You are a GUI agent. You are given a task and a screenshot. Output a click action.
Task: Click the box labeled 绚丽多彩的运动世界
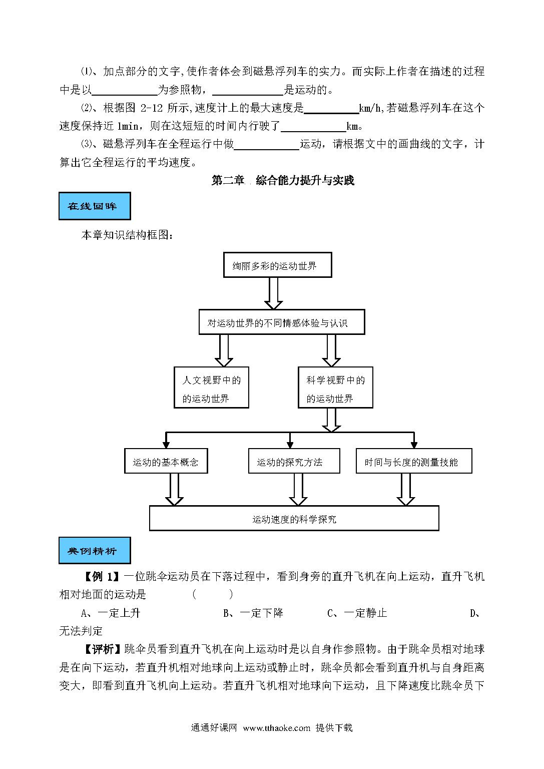tap(277, 265)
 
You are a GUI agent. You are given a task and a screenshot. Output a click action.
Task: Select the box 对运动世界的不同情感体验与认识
tap(282, 322)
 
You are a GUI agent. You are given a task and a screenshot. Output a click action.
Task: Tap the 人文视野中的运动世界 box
tap(211, 387)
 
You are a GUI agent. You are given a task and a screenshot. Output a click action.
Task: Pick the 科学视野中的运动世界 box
tap(335, 387)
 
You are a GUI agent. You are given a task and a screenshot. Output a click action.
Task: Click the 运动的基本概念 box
tap(166, 461)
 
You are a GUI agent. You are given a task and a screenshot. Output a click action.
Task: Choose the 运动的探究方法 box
tap(294, 461)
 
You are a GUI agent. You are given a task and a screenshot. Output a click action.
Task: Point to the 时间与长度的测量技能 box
tap(414, 461)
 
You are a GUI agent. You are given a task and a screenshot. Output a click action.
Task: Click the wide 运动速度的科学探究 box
tap(294, 518)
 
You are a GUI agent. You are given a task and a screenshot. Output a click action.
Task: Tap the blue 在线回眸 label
tap(95, 206)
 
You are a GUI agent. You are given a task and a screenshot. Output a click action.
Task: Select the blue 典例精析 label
tap(95, 551)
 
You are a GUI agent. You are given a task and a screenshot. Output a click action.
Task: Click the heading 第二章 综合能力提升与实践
tap(283, 180)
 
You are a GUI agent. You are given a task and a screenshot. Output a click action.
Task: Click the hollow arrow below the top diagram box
tap(274, 293)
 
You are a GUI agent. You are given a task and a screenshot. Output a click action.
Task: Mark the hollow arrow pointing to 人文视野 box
tap(224, 350)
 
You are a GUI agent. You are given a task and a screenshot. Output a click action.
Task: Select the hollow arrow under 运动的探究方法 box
tap(298, 490)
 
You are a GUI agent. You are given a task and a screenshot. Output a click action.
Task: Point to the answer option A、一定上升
tap(111, 613)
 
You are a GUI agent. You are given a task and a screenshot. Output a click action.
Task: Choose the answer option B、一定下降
tap(253, 613)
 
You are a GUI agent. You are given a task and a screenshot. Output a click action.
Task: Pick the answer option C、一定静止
tap(357, 613)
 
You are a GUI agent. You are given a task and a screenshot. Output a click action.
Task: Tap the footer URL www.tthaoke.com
tap(277, 728)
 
